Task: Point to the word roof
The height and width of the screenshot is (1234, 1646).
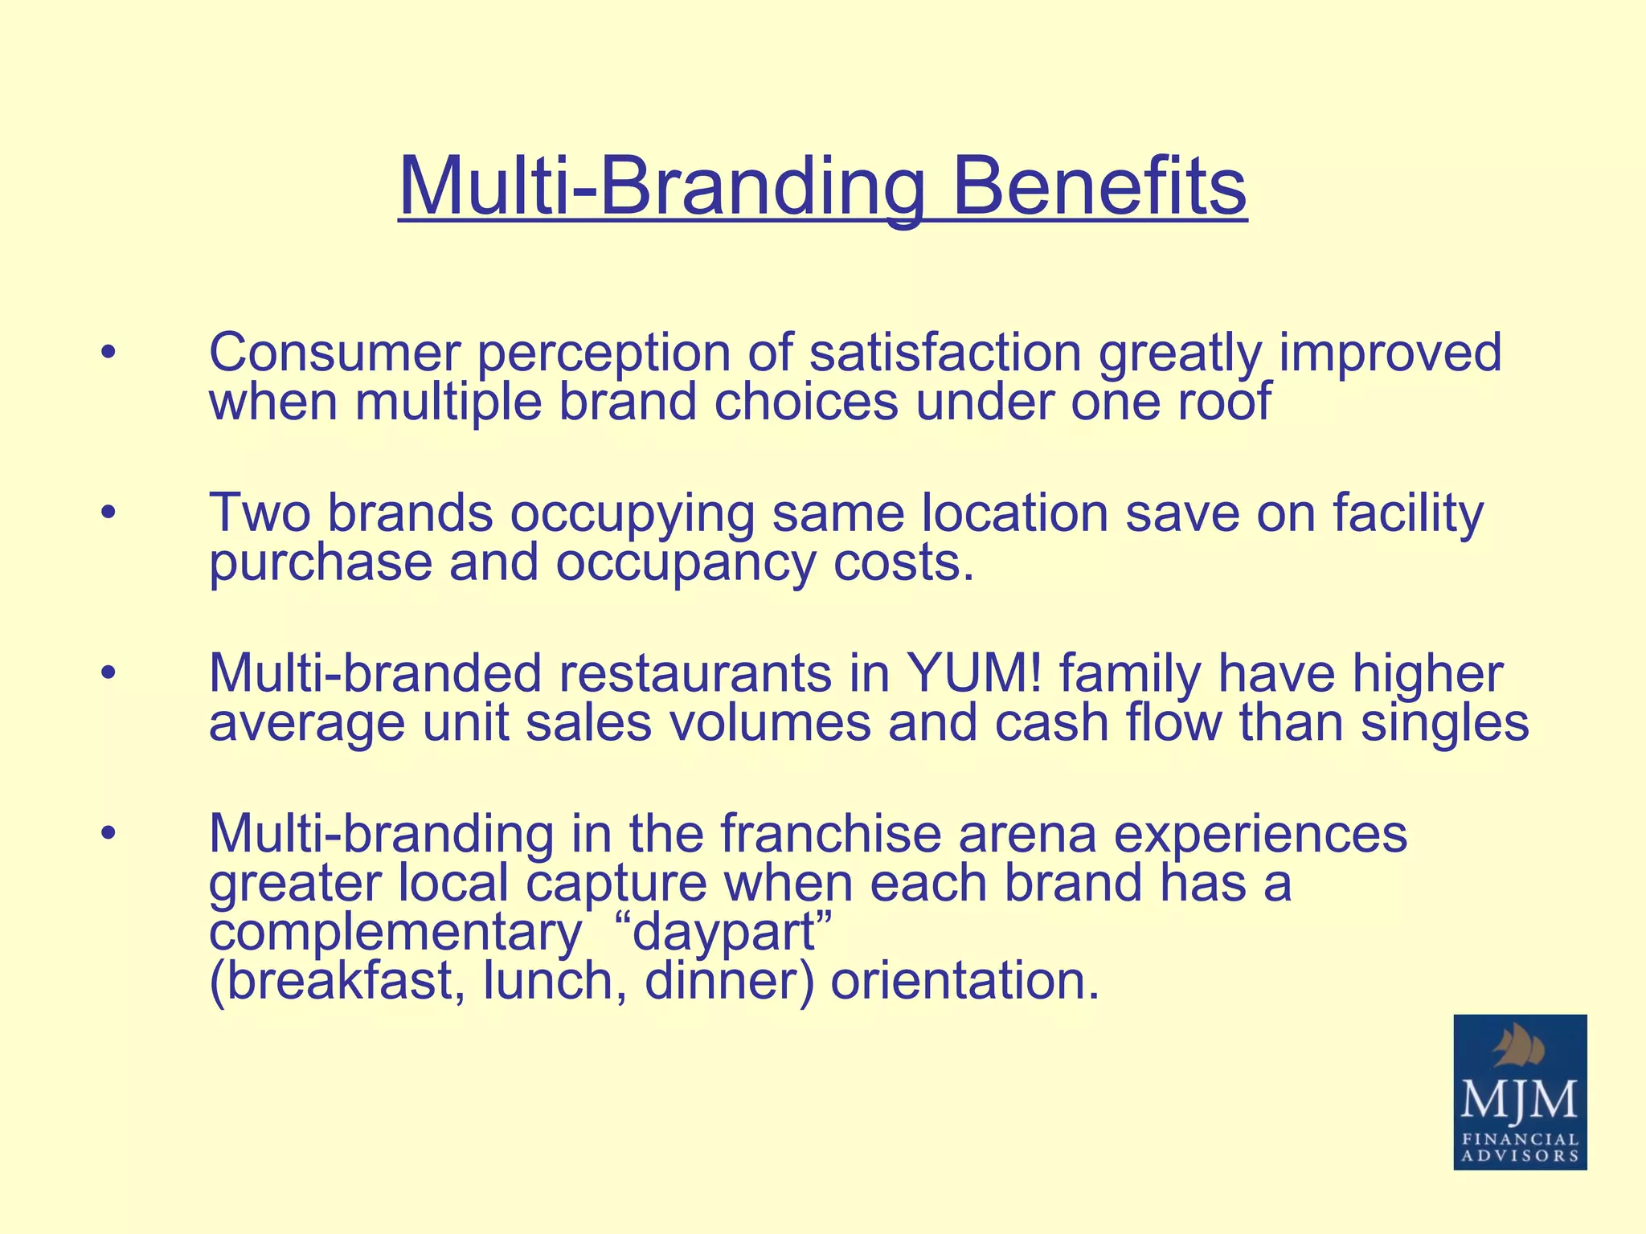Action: (1225, 401)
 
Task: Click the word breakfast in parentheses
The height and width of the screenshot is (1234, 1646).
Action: (338, 981)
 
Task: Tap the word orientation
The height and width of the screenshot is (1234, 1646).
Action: (964, 981)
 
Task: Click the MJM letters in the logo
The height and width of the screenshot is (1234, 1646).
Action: (1519, 1100)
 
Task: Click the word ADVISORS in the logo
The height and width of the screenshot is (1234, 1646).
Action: (1520, 1156)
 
